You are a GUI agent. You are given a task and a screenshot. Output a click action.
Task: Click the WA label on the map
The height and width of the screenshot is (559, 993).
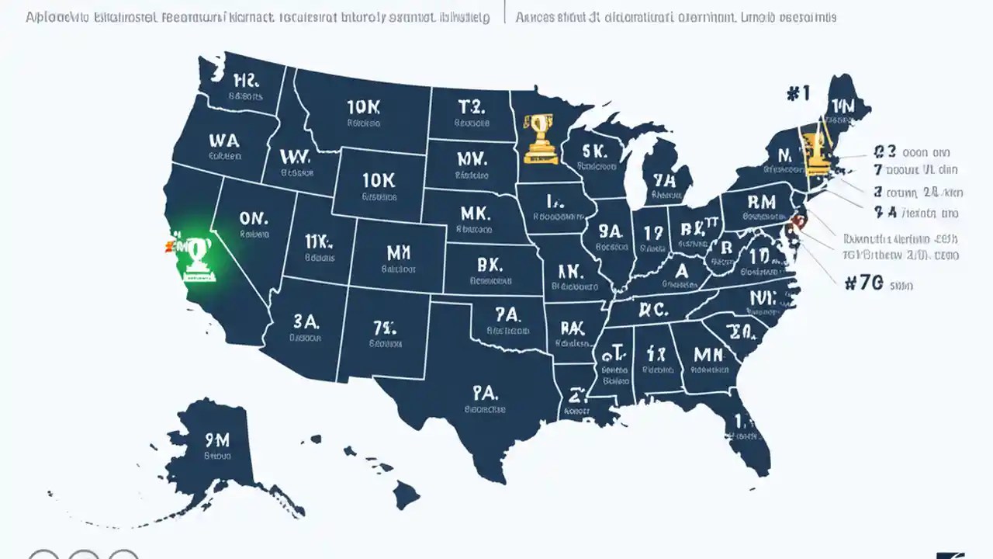tap(224, 140)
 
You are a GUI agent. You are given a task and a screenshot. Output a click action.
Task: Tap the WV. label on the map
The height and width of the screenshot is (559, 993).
tap(295, 156)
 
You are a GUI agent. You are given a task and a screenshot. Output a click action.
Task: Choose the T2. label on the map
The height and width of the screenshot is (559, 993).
tap(471, 106)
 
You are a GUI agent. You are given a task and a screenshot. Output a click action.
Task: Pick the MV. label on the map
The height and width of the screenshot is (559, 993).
tap(472, 158)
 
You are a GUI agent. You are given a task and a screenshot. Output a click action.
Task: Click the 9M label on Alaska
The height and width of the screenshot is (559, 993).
tap(217, 440)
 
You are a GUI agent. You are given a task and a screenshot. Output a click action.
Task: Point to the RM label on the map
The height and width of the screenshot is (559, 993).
tap(761, 202)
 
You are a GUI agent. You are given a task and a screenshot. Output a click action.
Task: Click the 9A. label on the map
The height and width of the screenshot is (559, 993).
tap(610, 231)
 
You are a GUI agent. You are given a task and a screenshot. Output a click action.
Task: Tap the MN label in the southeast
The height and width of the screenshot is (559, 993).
tap(708, 354)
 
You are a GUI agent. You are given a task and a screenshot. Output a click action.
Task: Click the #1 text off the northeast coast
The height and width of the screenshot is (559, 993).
tap(798, 93)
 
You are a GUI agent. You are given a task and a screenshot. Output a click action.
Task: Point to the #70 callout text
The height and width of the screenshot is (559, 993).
tap(863, 284)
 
